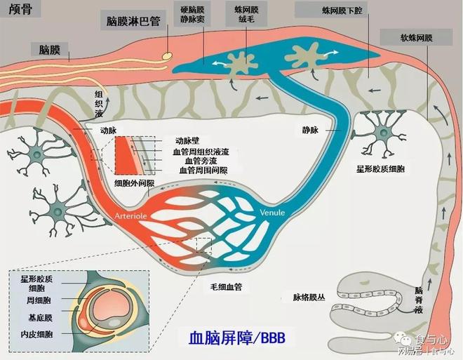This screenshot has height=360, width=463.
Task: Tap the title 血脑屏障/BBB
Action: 238,338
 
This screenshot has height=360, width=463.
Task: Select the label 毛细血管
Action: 226,287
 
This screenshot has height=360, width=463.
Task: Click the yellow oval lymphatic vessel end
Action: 168,54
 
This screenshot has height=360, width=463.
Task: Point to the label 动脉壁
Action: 187,140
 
